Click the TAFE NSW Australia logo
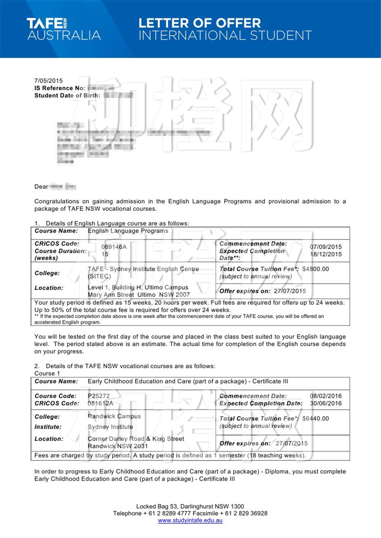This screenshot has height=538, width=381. [64, 29]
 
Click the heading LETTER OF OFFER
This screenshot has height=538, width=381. [199, 23]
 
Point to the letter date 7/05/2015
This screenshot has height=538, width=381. [48, 81]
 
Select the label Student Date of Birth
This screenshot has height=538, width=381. [67, 95]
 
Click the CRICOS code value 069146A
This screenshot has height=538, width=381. [114, 247]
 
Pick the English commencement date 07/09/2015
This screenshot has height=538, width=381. [325, 247]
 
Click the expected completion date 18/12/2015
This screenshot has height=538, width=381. [325, 254]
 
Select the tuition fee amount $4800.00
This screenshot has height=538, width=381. [315, 269]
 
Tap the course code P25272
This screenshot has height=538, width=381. [99, 396]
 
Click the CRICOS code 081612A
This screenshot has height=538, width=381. [100, 403]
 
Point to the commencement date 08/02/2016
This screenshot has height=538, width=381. [325, 396]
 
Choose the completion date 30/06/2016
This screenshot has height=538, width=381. [325, 403]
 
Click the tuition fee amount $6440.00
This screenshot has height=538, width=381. [315, 419]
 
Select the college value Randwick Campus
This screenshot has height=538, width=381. [114, 416]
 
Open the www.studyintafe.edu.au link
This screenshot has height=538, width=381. [190, 521]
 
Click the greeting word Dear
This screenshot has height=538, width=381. [41, 187]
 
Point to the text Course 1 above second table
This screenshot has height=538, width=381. [47, 373]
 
